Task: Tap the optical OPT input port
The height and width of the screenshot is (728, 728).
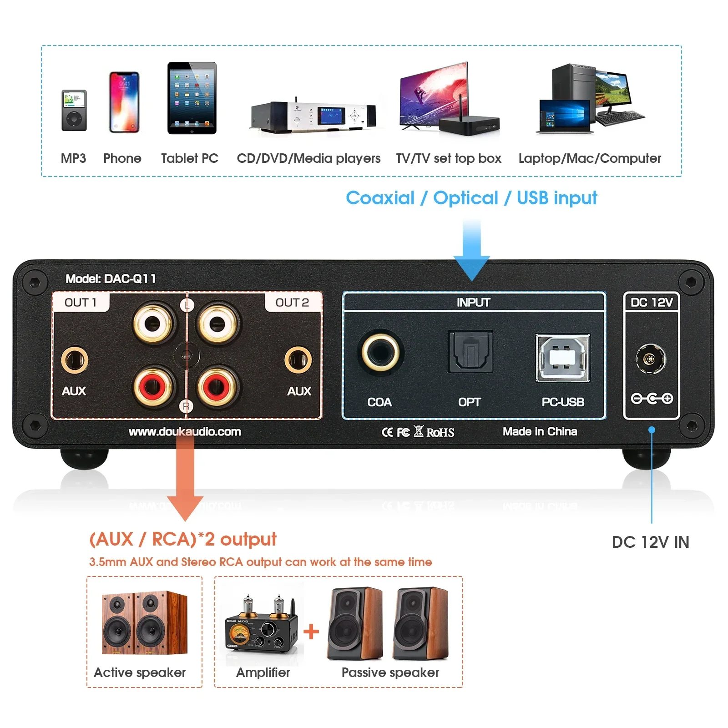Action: pos(470,352)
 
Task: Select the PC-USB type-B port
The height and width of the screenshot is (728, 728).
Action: pos(563,358)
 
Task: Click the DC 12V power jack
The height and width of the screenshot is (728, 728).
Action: pos(651,359)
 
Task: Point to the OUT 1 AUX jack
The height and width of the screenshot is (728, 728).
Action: pos(75,359)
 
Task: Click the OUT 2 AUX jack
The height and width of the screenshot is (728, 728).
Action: pos(298,359)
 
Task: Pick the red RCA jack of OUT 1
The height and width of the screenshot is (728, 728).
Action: pos(153,388)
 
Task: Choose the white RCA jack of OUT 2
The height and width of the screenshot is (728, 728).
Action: pos(217,324)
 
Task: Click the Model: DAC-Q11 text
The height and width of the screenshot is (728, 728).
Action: pos(111,278)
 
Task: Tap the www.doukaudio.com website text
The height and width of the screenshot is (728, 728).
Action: pos(185,431)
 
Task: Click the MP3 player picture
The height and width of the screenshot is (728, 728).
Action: pos(74,111)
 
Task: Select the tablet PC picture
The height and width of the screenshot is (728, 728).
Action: pos(192,98)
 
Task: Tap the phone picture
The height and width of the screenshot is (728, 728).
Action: pos(124,102)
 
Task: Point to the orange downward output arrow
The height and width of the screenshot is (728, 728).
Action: pos(185,482)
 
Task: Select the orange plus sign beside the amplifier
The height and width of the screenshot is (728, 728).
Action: pos(311,632)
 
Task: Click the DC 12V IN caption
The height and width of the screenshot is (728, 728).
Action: pos(650,542)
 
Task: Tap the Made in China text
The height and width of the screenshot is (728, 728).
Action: pos(540,431)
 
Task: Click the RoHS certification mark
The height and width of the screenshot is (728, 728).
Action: pos(440,432)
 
